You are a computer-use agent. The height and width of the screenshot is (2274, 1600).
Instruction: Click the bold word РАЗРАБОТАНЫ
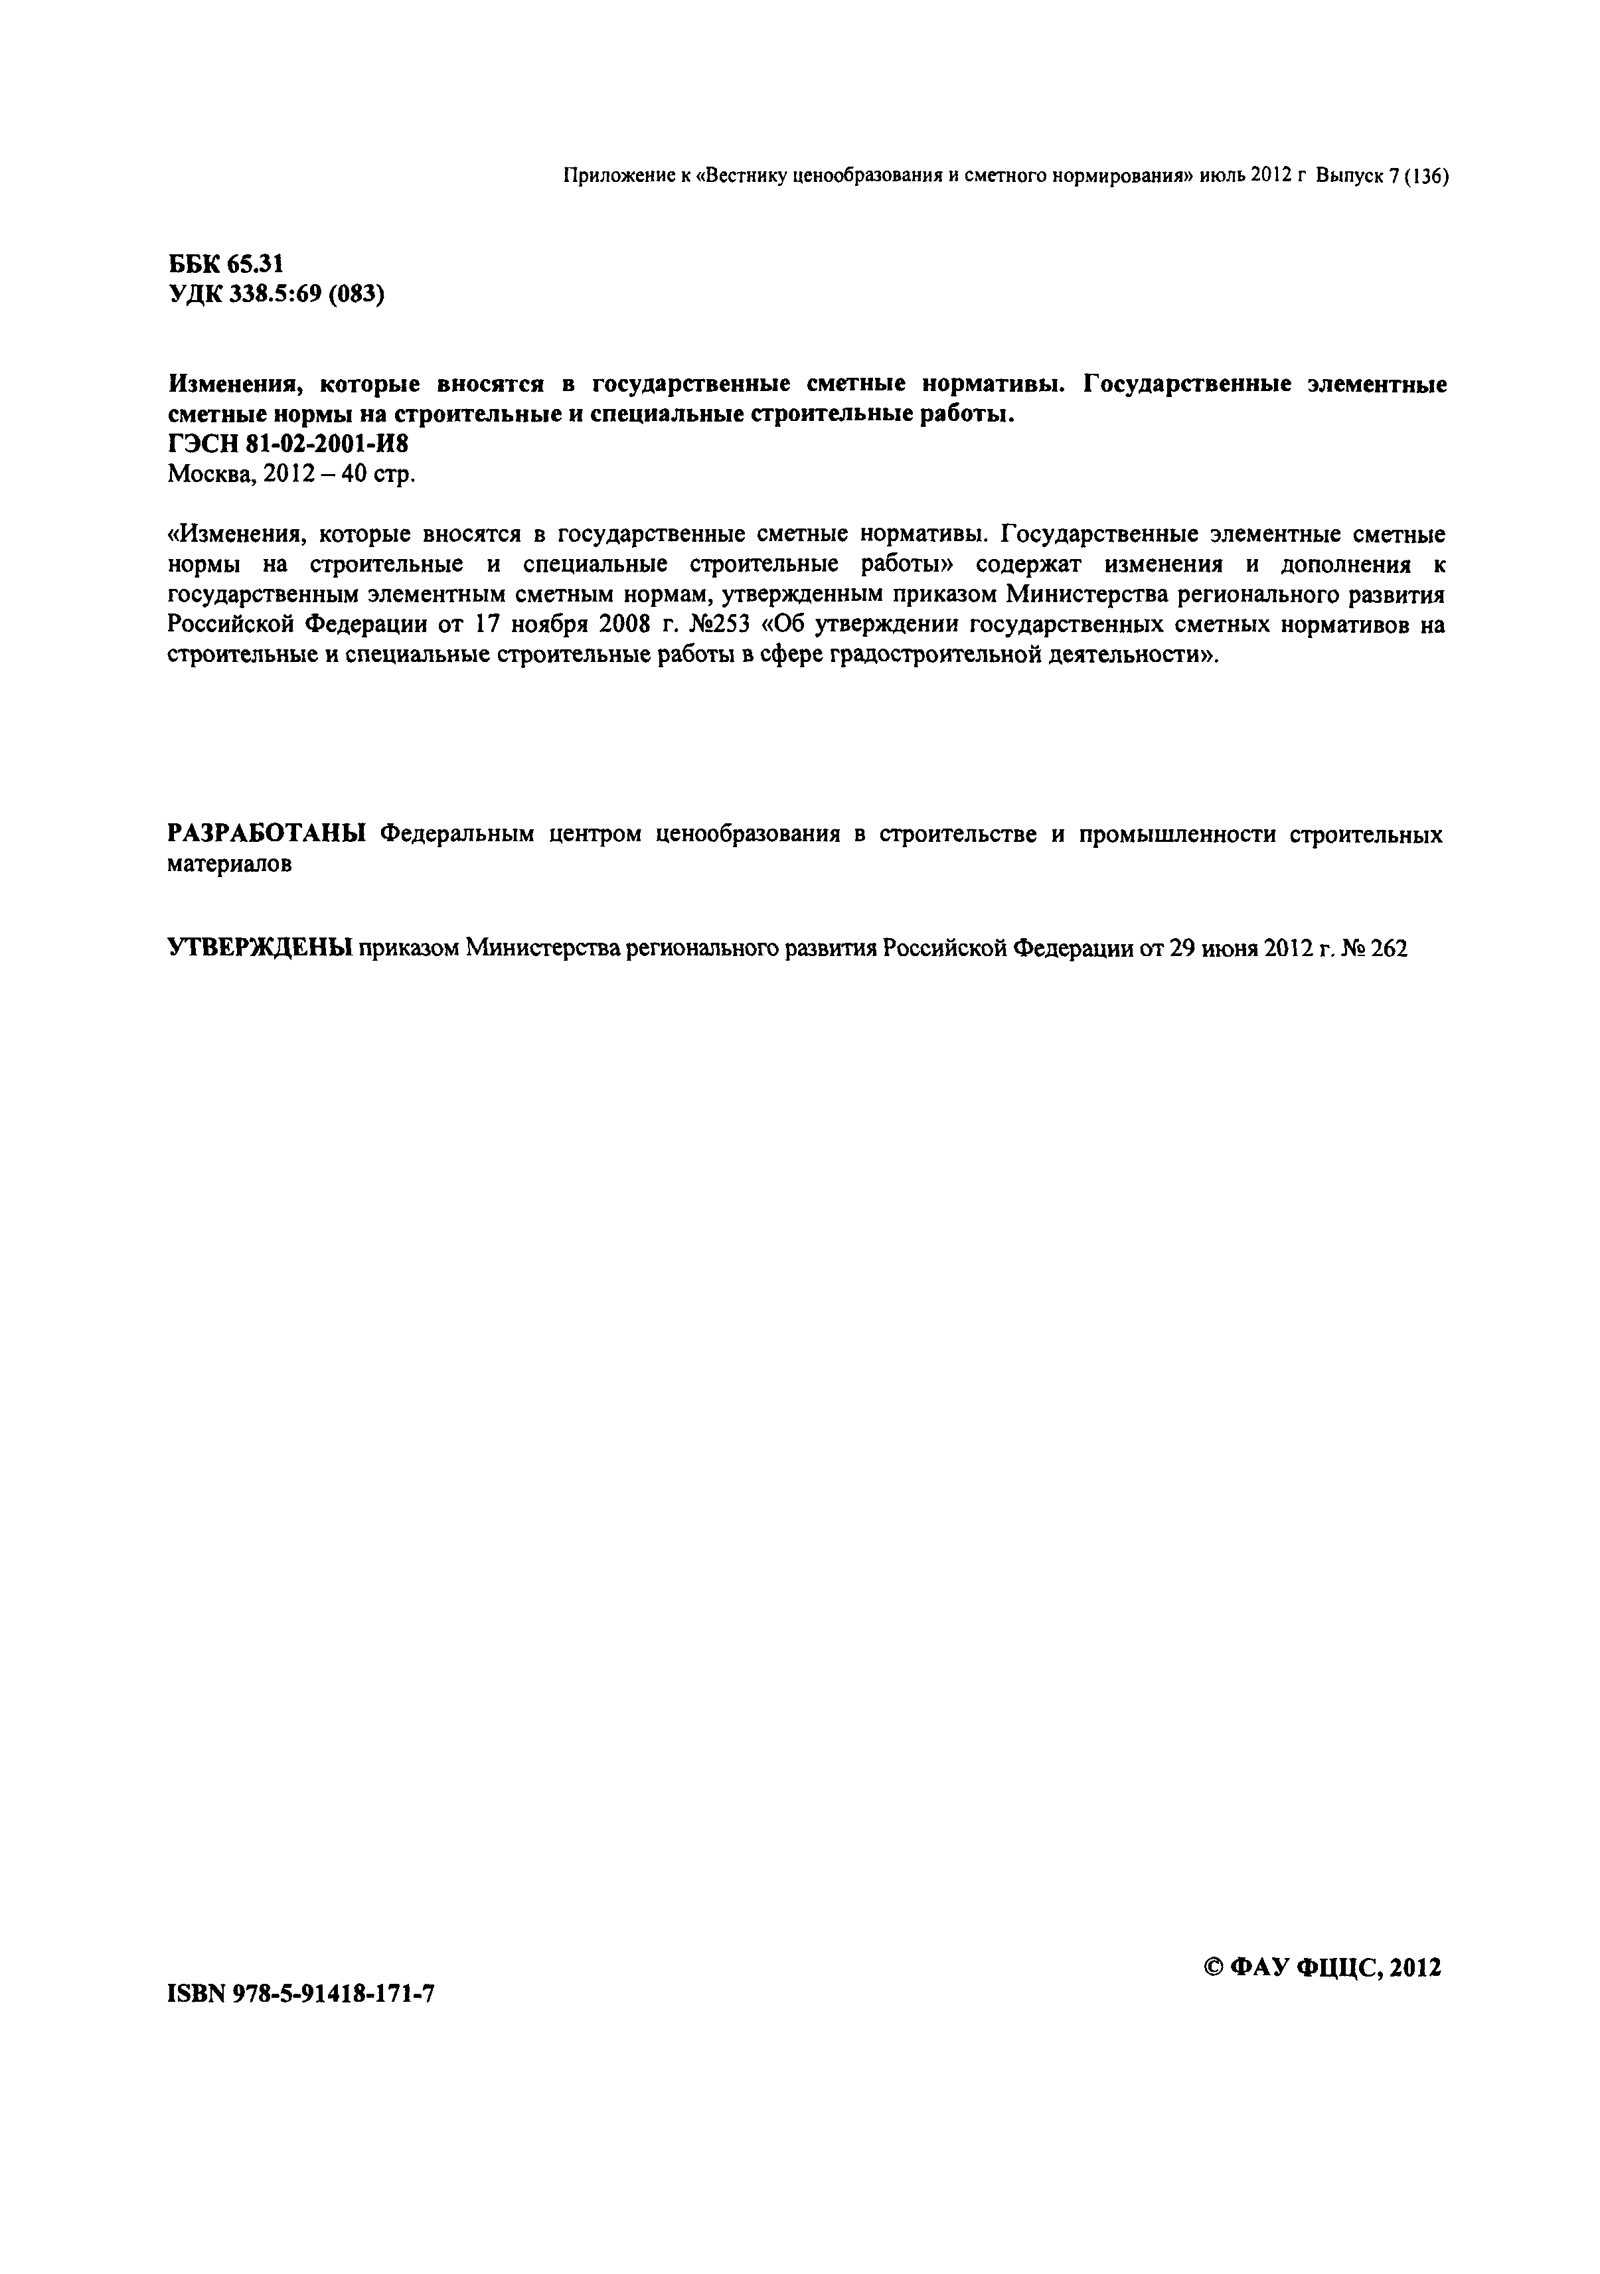coord(266,834)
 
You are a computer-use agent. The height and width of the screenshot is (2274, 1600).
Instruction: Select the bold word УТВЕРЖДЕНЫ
coord(260,948)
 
